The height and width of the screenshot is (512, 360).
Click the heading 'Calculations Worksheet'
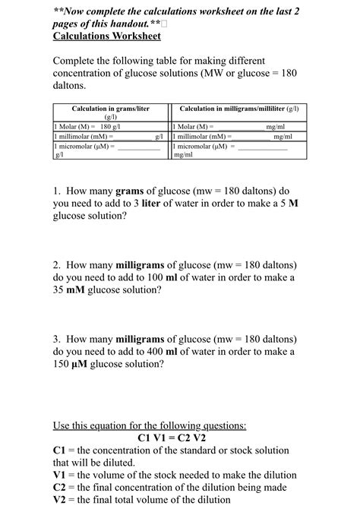[106, 36]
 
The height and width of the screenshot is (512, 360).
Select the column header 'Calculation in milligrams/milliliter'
[239, 109]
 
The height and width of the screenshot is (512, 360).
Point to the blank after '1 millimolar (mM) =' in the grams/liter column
[134, 136]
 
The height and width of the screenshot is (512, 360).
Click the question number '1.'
[58, 191]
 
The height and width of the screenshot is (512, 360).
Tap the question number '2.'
[58, 265]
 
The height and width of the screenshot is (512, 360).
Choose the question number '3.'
[58, 340]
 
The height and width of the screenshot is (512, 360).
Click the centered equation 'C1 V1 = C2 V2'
[172, 438]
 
